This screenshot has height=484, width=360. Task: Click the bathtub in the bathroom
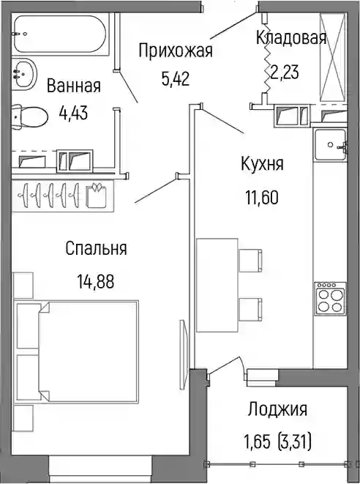(x=61, y=34)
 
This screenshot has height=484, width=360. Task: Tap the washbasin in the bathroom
(x=24, y=74)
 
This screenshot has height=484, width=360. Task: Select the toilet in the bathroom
(x=29, y=116)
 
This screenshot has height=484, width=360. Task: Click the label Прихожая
(x=176, y=51)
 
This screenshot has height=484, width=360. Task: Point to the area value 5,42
(x=175, y=79)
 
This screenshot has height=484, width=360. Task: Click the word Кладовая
(x=291, y=38)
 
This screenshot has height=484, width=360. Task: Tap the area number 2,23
(x=285, y=72)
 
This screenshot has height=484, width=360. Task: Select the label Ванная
(x=74, y=86)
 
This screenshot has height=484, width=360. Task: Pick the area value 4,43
(x=73, y=113)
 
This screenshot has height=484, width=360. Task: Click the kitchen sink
(x=331, y=144)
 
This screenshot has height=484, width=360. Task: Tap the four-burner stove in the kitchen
(x=329, y=299)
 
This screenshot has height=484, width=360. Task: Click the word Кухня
(x=262, y=163)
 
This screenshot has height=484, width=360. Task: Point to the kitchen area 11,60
(x=262, y=198)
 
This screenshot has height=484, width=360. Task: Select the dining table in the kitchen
(x=217, y=285)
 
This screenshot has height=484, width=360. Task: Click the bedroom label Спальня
(x=96, y=248)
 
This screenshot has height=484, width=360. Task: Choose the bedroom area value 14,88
(x=96, y=281)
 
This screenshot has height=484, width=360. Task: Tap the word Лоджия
(x=278, y=409)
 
